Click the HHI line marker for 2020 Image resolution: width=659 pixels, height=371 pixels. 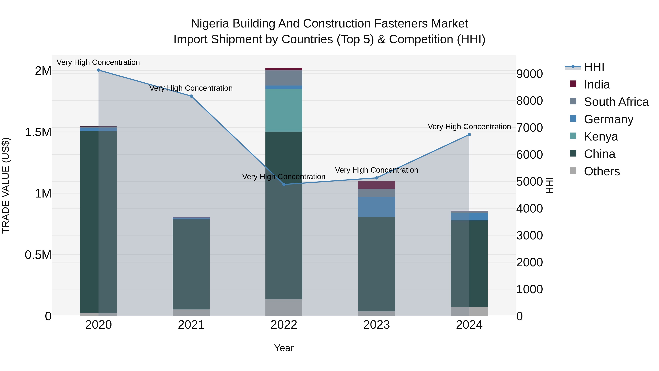coord(98,70)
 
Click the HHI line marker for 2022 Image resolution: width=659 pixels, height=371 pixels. coord(284,184)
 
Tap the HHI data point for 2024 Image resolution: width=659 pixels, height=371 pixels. coord(469,135)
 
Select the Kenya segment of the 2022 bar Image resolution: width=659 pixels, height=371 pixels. coord(284,110)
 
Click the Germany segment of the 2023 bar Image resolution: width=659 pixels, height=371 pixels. coord(376,207)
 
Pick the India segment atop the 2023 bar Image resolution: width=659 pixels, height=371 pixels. coord(376,185)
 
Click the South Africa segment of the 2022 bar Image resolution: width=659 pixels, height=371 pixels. coord(284,78)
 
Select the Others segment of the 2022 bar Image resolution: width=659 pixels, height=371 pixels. coord(284,307)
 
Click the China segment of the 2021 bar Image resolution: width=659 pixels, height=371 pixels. coord(191,264)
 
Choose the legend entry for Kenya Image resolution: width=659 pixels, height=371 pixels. coord(601,136)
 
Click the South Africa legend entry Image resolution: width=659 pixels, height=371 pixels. coord(616,102)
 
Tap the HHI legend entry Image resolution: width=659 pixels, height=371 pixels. coord(594,67)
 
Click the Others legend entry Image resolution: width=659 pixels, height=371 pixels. coord(602,171)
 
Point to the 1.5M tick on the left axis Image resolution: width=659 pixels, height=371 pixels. coord(38,132)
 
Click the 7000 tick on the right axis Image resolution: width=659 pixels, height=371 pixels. coord(529,128)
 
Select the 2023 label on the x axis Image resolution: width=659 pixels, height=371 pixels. coord(376,325)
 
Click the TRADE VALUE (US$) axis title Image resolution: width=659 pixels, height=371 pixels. coord(6,185)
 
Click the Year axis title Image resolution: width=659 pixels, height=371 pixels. coord(284,348)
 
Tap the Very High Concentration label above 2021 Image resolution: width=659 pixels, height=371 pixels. coord(191,88)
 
